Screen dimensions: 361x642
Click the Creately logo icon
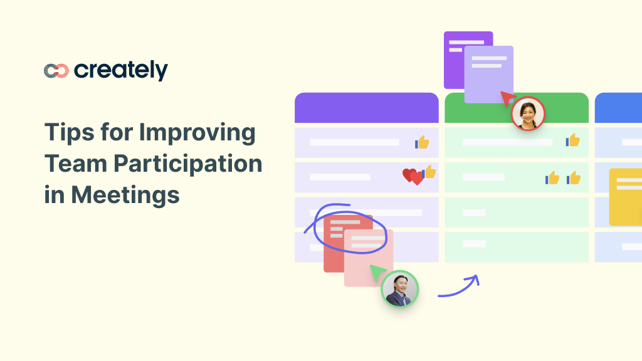pos(56,71)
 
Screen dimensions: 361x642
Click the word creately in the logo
pos(121,70)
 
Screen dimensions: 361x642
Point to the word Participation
pos(187,164)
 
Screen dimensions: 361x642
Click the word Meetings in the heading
pos(125,194)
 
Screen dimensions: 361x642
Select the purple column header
pos(366,108)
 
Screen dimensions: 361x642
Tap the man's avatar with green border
pos(399,289)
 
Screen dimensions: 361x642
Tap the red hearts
pos(413,177)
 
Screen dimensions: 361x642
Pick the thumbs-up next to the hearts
pos(429,172)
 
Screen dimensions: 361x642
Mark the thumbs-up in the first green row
pos(572,140)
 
